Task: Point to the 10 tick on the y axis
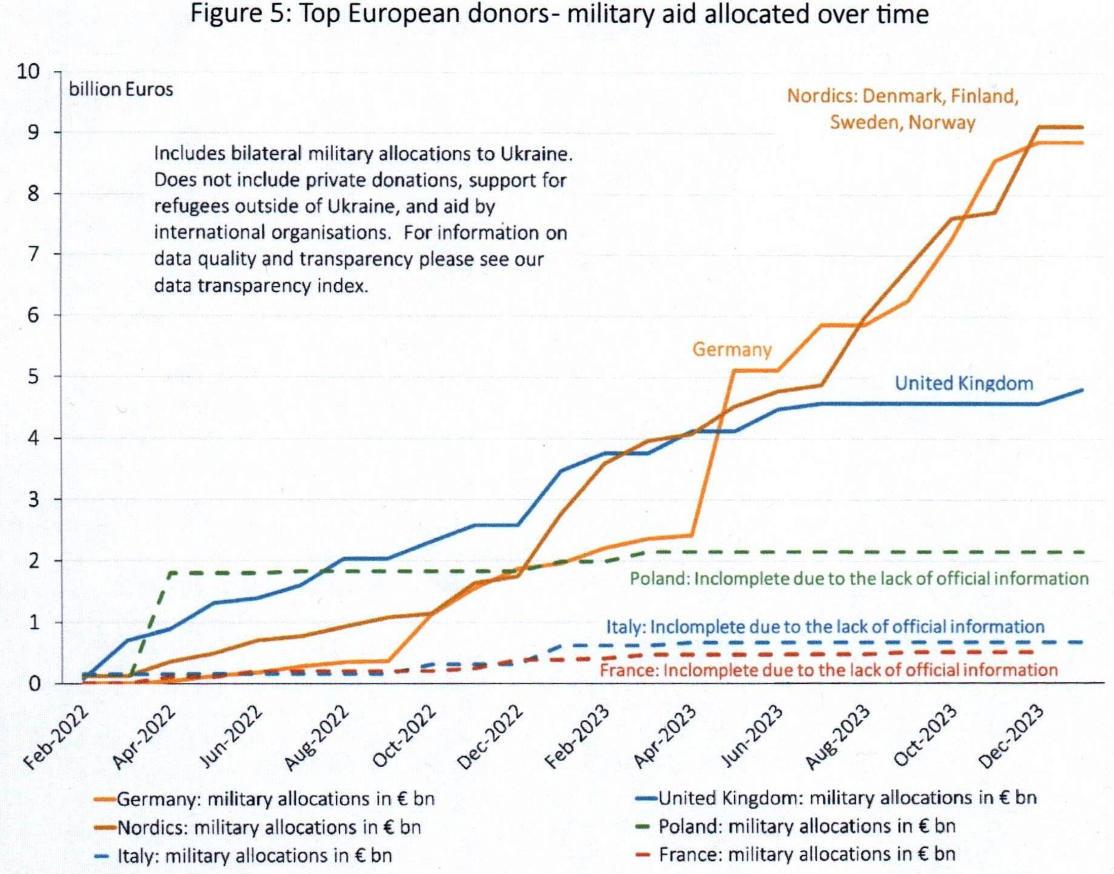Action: (28, 72)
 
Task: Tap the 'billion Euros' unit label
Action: (121, 90)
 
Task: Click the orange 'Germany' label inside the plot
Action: (731, 349)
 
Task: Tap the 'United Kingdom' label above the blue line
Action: (964, 383)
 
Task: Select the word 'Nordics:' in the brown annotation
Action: (821, 96)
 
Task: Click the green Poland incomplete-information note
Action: (858, 579)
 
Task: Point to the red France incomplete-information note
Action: (828, 670)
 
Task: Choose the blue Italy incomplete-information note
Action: (825, 627)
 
